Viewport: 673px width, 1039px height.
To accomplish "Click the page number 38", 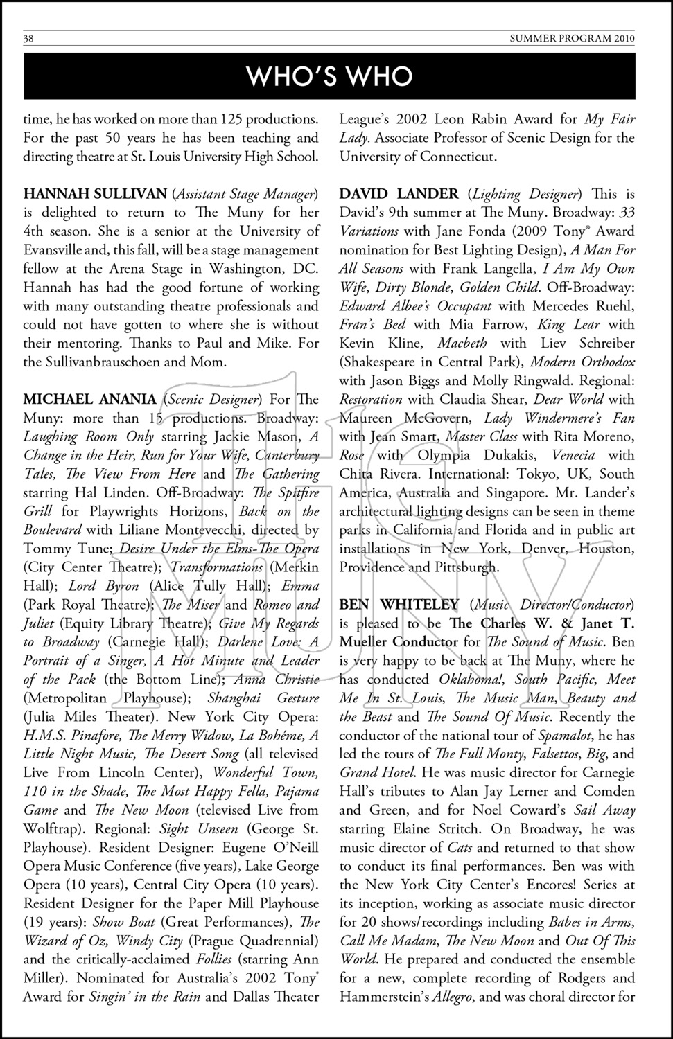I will (x=29, y=39).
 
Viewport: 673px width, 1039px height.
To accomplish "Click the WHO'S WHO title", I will (x=330, y=76).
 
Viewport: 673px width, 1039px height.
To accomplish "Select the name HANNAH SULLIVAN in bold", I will (x=95, y=194).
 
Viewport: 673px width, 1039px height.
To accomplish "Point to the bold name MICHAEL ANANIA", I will (x=90, y=400).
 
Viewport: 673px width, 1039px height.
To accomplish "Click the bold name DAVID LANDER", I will (x=399, y=194).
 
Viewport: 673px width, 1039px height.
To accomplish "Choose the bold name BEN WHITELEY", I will (x=399, y=605).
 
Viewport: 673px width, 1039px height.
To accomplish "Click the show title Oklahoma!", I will (x=471, y=680).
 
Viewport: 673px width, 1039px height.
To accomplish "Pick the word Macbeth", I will (x=462, y=344).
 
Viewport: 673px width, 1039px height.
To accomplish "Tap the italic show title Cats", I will (x=460, y=848).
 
